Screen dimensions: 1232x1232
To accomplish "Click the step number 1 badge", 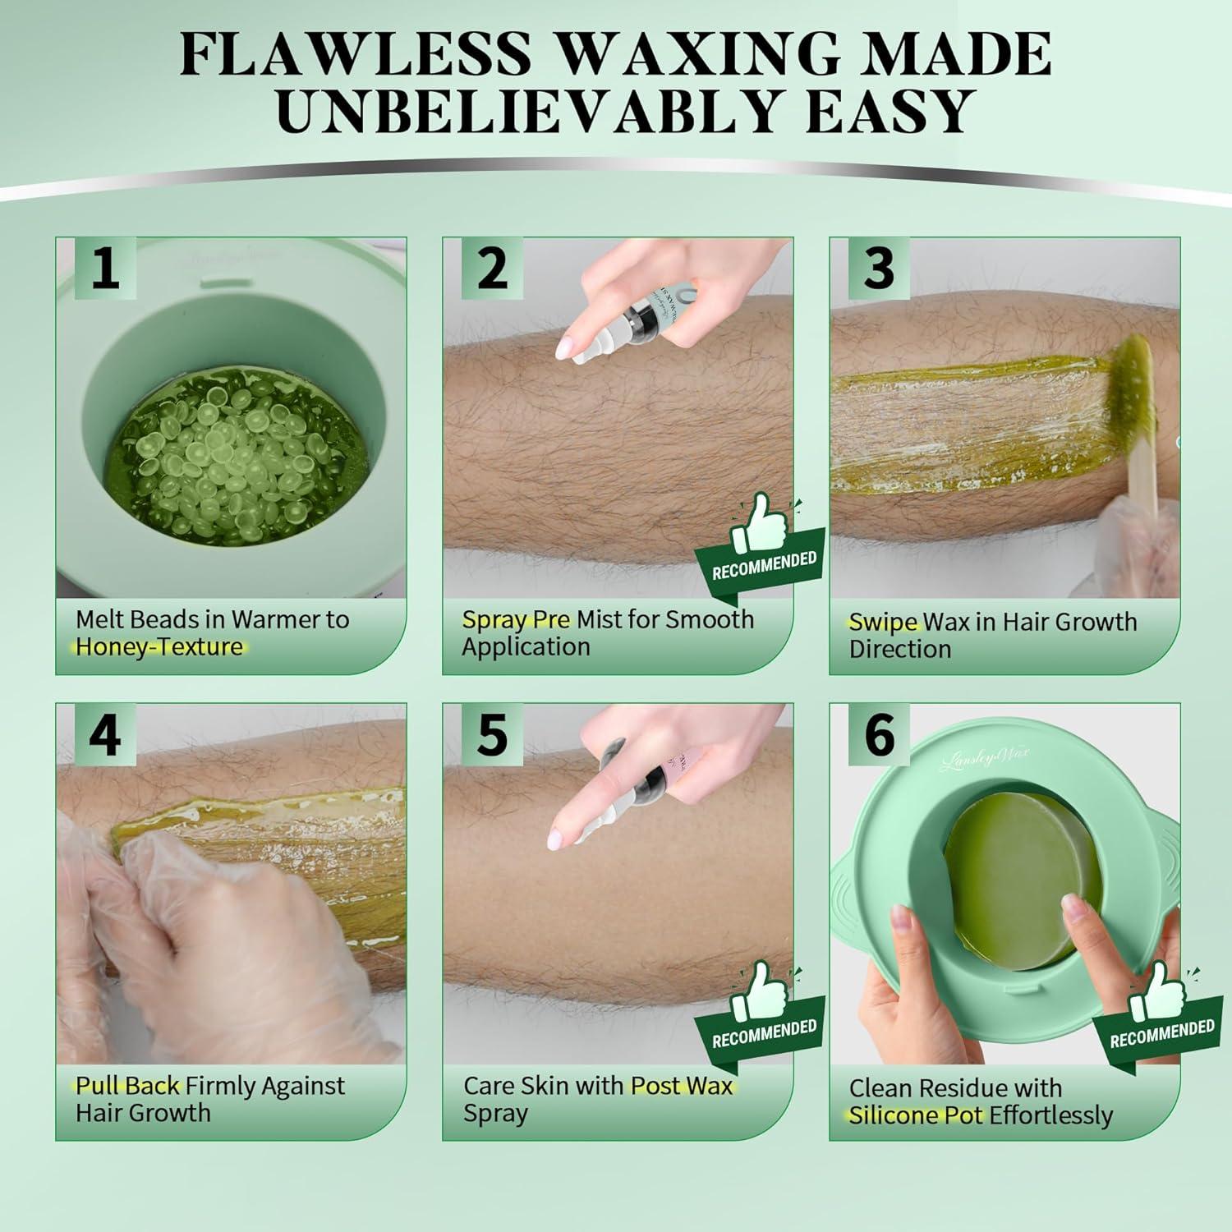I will (x=104, y=269).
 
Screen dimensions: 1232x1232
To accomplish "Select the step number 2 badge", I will (x=492, y=269).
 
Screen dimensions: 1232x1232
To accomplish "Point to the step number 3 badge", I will (x=879, y=269).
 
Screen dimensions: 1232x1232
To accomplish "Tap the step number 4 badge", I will (x=104, y=735).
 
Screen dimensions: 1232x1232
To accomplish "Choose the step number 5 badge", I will (x=492, y=735).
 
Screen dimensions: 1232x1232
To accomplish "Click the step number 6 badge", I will (x=879, y=735).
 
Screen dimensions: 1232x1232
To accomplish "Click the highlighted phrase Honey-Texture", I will (x=159, y=647).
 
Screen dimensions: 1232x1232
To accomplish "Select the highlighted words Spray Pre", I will (x=516, y=619).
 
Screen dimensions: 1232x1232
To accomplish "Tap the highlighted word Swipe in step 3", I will (x=882, y=622).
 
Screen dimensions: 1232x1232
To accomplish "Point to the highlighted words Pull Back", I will (x=127, y=1086).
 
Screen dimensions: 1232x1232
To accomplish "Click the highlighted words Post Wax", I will (x=681, y=1086).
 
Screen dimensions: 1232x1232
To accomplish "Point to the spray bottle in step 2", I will (x=628, y=320).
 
